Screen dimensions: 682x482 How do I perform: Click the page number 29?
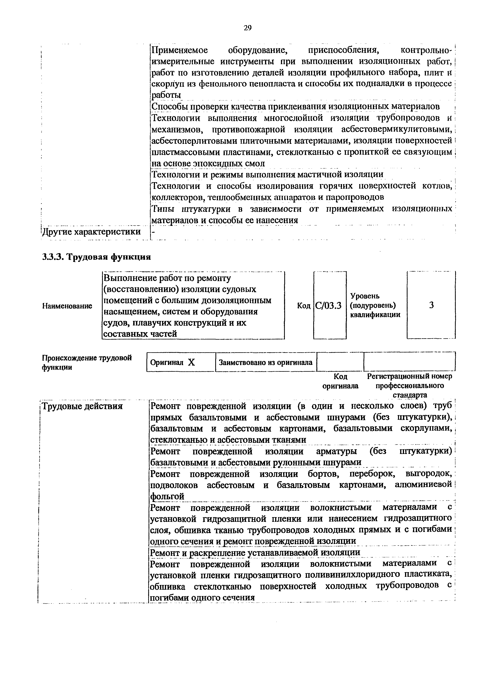(x=247, y=28)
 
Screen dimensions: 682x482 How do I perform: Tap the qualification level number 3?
(x=431, y=305)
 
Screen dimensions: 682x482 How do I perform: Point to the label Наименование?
(x=67, y=306)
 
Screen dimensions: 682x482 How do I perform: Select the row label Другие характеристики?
(x=91, y=232)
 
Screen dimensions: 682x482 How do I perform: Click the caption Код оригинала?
(x=340, y=381)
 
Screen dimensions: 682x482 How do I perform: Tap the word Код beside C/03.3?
(x=304, y=306)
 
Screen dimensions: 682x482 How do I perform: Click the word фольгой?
(x=167, y=496)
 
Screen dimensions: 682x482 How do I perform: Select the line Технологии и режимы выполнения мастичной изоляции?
(x=267, y=174)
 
